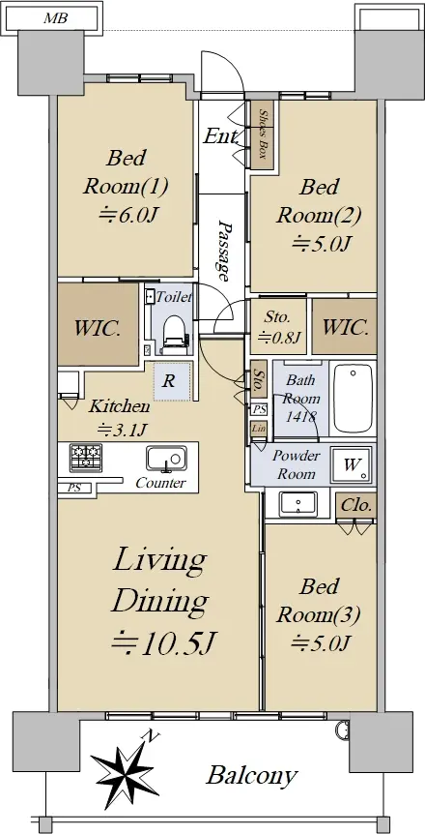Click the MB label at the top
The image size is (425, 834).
click(x=55, y=19)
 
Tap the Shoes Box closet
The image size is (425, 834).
click(x=262, y=135)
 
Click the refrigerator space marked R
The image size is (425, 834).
click(x=171, y=381)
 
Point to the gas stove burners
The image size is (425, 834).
click(x=86, y=458)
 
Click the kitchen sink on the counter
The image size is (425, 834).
click(x=166, y=460)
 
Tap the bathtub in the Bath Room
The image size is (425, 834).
click(x=354, y=399)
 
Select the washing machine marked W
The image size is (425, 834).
click(x=351, y=464)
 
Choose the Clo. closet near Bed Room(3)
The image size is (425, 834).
click(x=355, y=505)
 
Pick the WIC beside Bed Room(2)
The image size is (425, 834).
click(x=344, y=327)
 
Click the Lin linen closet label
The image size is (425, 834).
click(x=259, y=429)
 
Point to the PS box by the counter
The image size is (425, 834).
click(x=74, y=488)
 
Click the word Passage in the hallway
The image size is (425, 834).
click(x=225, y=250)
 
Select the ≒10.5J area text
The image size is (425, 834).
click(x=163, y=643)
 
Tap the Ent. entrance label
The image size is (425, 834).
click(x=221, y=136)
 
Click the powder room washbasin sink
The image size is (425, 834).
click(x=298, y=503)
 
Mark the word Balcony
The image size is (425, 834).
click(x=251, y=776)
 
